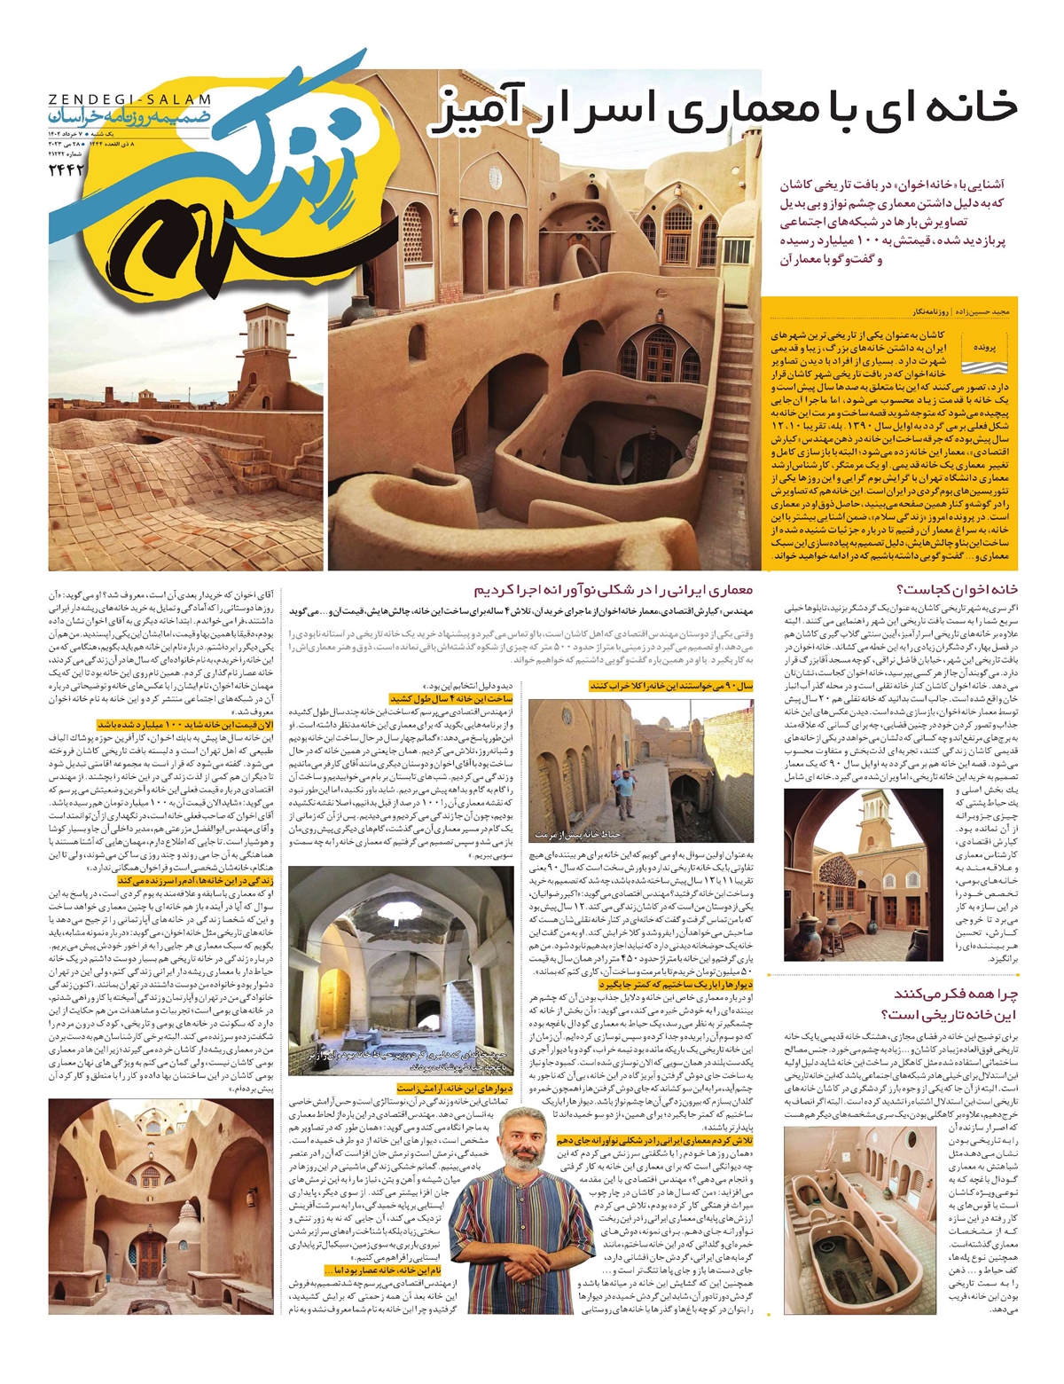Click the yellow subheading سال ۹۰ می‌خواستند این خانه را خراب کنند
(660, 687)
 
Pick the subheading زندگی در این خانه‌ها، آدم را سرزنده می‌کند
(195, 880)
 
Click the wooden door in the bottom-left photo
(149, 1258)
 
